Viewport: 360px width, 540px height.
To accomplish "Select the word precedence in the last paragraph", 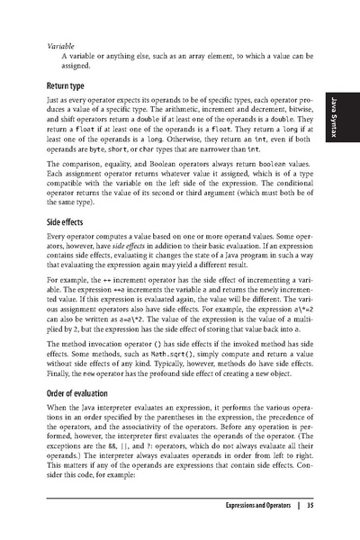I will [x=288, y=418].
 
